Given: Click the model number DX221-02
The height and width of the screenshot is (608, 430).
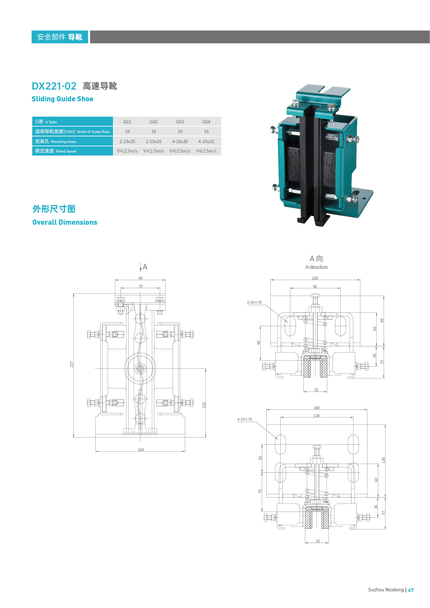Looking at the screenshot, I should pyautogui.click(x=54, y=86).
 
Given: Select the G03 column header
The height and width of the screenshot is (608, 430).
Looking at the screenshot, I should pyautogui.click(x=180, y=122).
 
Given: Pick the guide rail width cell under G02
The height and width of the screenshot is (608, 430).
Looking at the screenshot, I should pyautogui.click(x=154, y=132).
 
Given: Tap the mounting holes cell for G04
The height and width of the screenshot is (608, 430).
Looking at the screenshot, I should pyautogui.click(x=206, y=142).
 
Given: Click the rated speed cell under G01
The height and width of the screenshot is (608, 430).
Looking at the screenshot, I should pyautogui.click(x=127, y=151).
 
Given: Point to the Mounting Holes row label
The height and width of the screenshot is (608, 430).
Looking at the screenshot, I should pyautogui.click(x=56, y=142).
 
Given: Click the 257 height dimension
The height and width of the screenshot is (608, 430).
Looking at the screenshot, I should pyautogui.click(x=72, y=364).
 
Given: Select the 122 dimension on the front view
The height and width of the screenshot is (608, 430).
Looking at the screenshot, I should pyautogui.click(x=204, y=405).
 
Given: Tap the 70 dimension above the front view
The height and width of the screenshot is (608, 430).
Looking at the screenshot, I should pyautogui.click(x=141, y=286).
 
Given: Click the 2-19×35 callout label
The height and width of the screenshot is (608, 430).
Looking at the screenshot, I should pyautogui.click(x=254, y=302).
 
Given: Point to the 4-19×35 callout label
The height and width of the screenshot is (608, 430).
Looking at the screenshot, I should pyautogui.click(x=245, y=419).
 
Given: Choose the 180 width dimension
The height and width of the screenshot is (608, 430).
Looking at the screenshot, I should pyautogui.click(x=317, y=408).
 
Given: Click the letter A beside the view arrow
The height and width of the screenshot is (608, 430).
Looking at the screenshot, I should pyautogui.click(x=145, y=267).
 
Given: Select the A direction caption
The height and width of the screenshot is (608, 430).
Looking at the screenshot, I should pyautogui.click(x=316, y=267).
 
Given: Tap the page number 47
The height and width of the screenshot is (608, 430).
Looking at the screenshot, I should pyautogui.click(x=411, y=590).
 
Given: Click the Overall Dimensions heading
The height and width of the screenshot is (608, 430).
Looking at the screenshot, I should pyautogui.click(x=65, y=222).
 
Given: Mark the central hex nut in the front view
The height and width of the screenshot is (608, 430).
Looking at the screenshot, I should pyautogui.click(x=140, y=368).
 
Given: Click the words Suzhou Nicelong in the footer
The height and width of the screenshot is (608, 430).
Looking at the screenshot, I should pyautogui.click(x=386, y=590).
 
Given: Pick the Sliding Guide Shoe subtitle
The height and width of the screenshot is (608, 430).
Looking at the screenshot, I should pyautogui.click(x=62, y=99).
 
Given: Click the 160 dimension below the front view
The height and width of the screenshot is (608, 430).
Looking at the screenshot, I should pyautogui.click(x=141, y=450).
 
